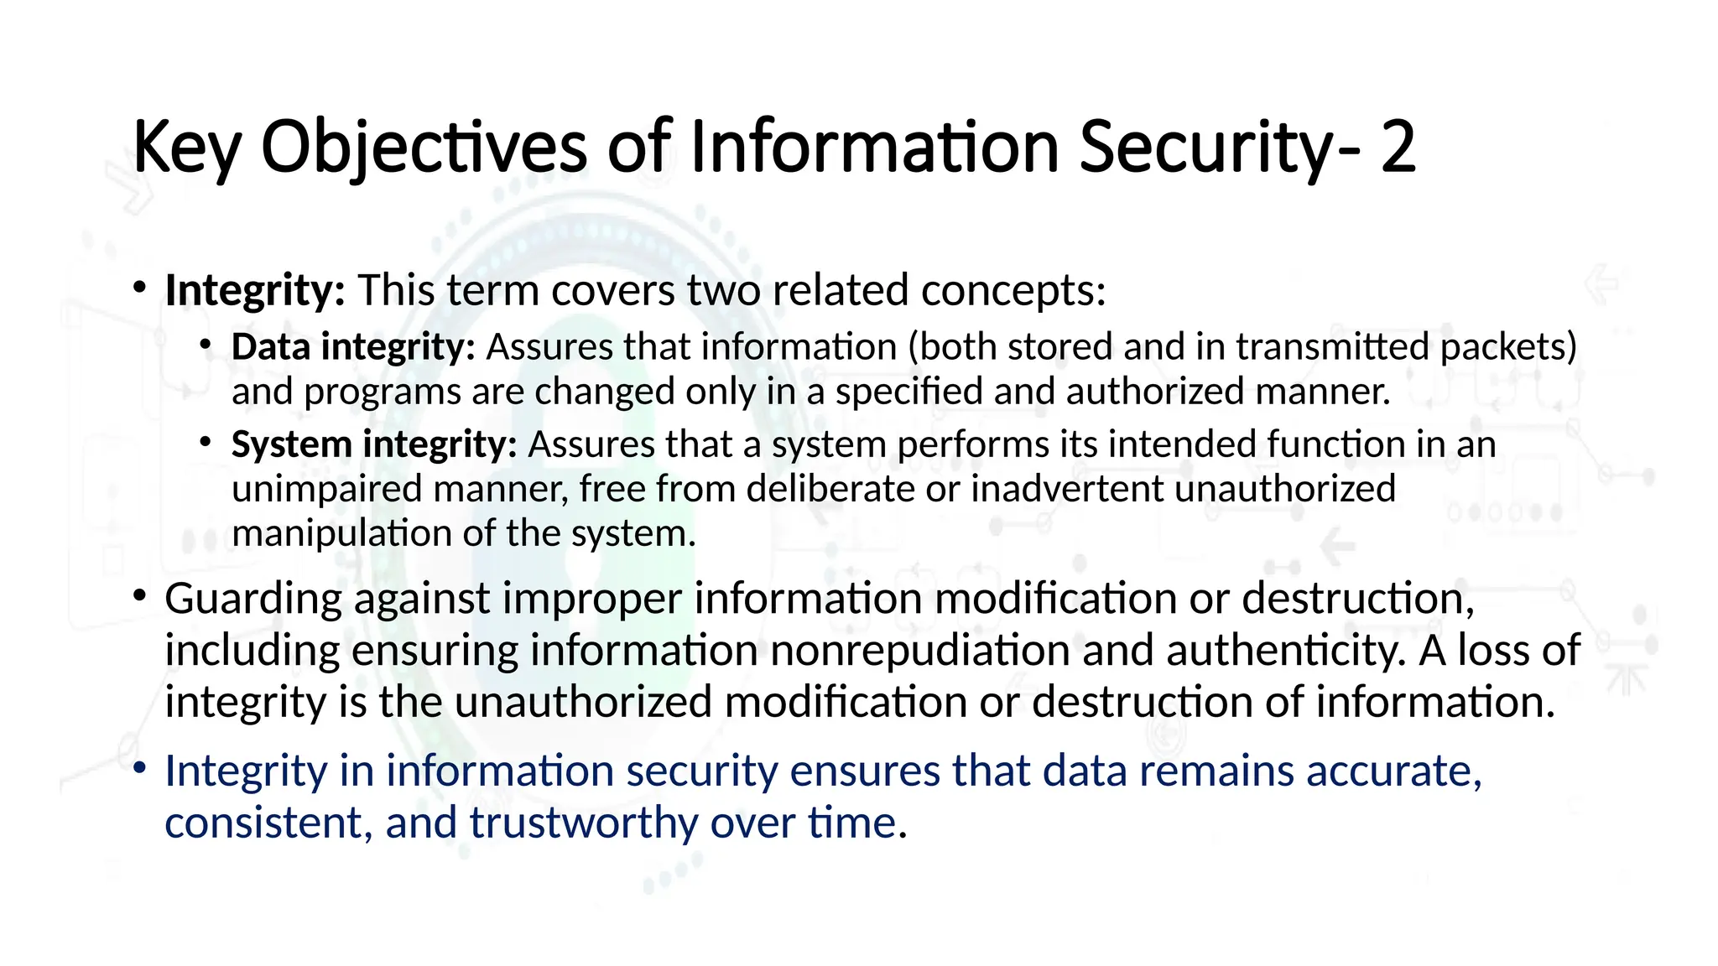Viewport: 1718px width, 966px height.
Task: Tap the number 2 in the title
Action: tap(1398, 148)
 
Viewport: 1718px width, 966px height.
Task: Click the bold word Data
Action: tap(270, 347)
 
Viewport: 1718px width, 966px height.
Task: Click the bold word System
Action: tap(291, 444)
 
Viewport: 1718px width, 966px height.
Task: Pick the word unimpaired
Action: tap(326, 489)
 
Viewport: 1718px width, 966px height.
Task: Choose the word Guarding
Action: tap(253, 600)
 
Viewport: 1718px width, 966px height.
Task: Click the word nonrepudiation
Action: tap(919, 651)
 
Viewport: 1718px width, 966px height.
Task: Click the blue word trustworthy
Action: tap(584, 823)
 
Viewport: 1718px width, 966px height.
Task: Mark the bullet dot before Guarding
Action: tap(140, 596)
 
